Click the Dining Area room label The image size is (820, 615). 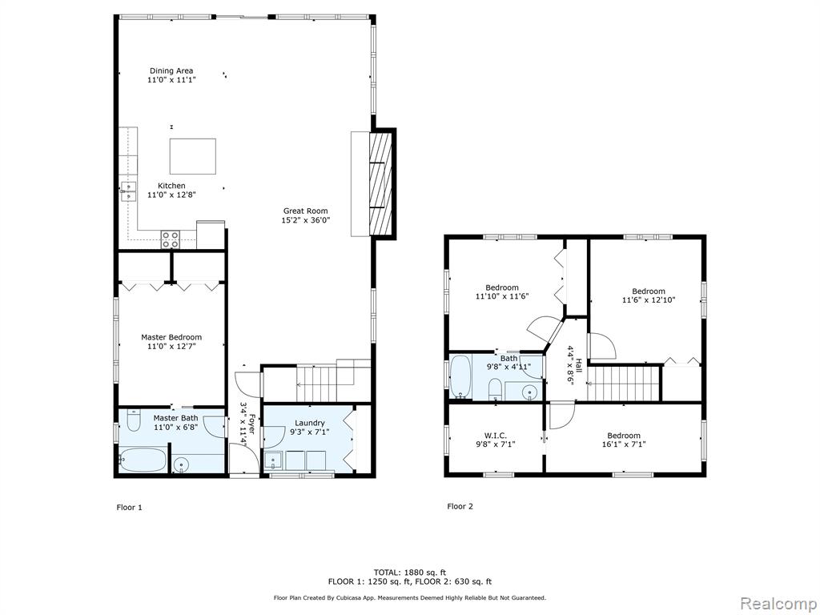click(x=171, y=70)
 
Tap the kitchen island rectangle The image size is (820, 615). click(x=193, y=156)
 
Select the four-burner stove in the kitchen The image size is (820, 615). click(x=170, y=239)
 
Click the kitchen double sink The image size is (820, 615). click(x=128, y=191)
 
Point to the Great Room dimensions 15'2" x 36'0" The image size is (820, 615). click(x=306, y=220)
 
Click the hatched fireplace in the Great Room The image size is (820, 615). click(x=380, y=183)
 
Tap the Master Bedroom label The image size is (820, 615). click(x=171, y=337)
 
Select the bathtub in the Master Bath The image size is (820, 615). click(x=143, y=460)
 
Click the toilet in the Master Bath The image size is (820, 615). click(x=134, y=420)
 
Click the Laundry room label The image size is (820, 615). click(x=310, y=423)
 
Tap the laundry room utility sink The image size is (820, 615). click(x=272, y=460)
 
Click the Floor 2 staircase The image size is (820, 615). click(x=623, y=384)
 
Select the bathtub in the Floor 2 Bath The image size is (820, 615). click(x=460, y=376)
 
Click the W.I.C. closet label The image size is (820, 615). click(x=495, y=436)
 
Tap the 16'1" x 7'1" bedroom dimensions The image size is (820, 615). click(x=623, y=444)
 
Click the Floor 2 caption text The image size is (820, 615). click(x=460, y=506)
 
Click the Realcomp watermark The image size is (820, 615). click(x=778, y=603)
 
